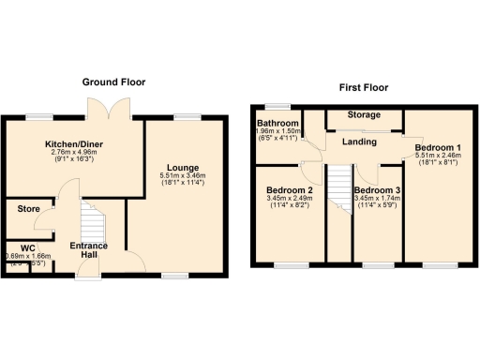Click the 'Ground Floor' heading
click(x=113, y=82)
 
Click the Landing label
click(x=359, y=142)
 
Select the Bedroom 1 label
click(x=438, y=148)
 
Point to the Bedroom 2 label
click(x=290, y=190)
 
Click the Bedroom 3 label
click(x=376, y=190)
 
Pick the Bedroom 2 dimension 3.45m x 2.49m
click(x=290, y=199)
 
